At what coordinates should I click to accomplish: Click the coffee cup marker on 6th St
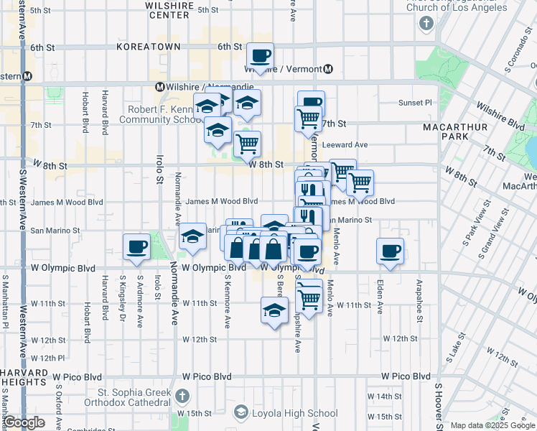[261, 55]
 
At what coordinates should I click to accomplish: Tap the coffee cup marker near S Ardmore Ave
[136, 247]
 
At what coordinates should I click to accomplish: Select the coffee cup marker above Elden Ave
[390, 251]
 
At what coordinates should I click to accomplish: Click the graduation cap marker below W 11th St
[274, 311]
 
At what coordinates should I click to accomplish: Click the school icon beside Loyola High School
[241, 412]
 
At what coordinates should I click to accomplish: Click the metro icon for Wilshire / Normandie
[160, 87]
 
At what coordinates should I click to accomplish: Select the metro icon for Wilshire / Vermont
[327, 70]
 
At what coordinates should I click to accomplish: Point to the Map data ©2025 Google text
[492, 425]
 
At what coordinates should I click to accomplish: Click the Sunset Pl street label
[416, 103]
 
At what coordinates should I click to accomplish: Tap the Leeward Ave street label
[345, 144]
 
